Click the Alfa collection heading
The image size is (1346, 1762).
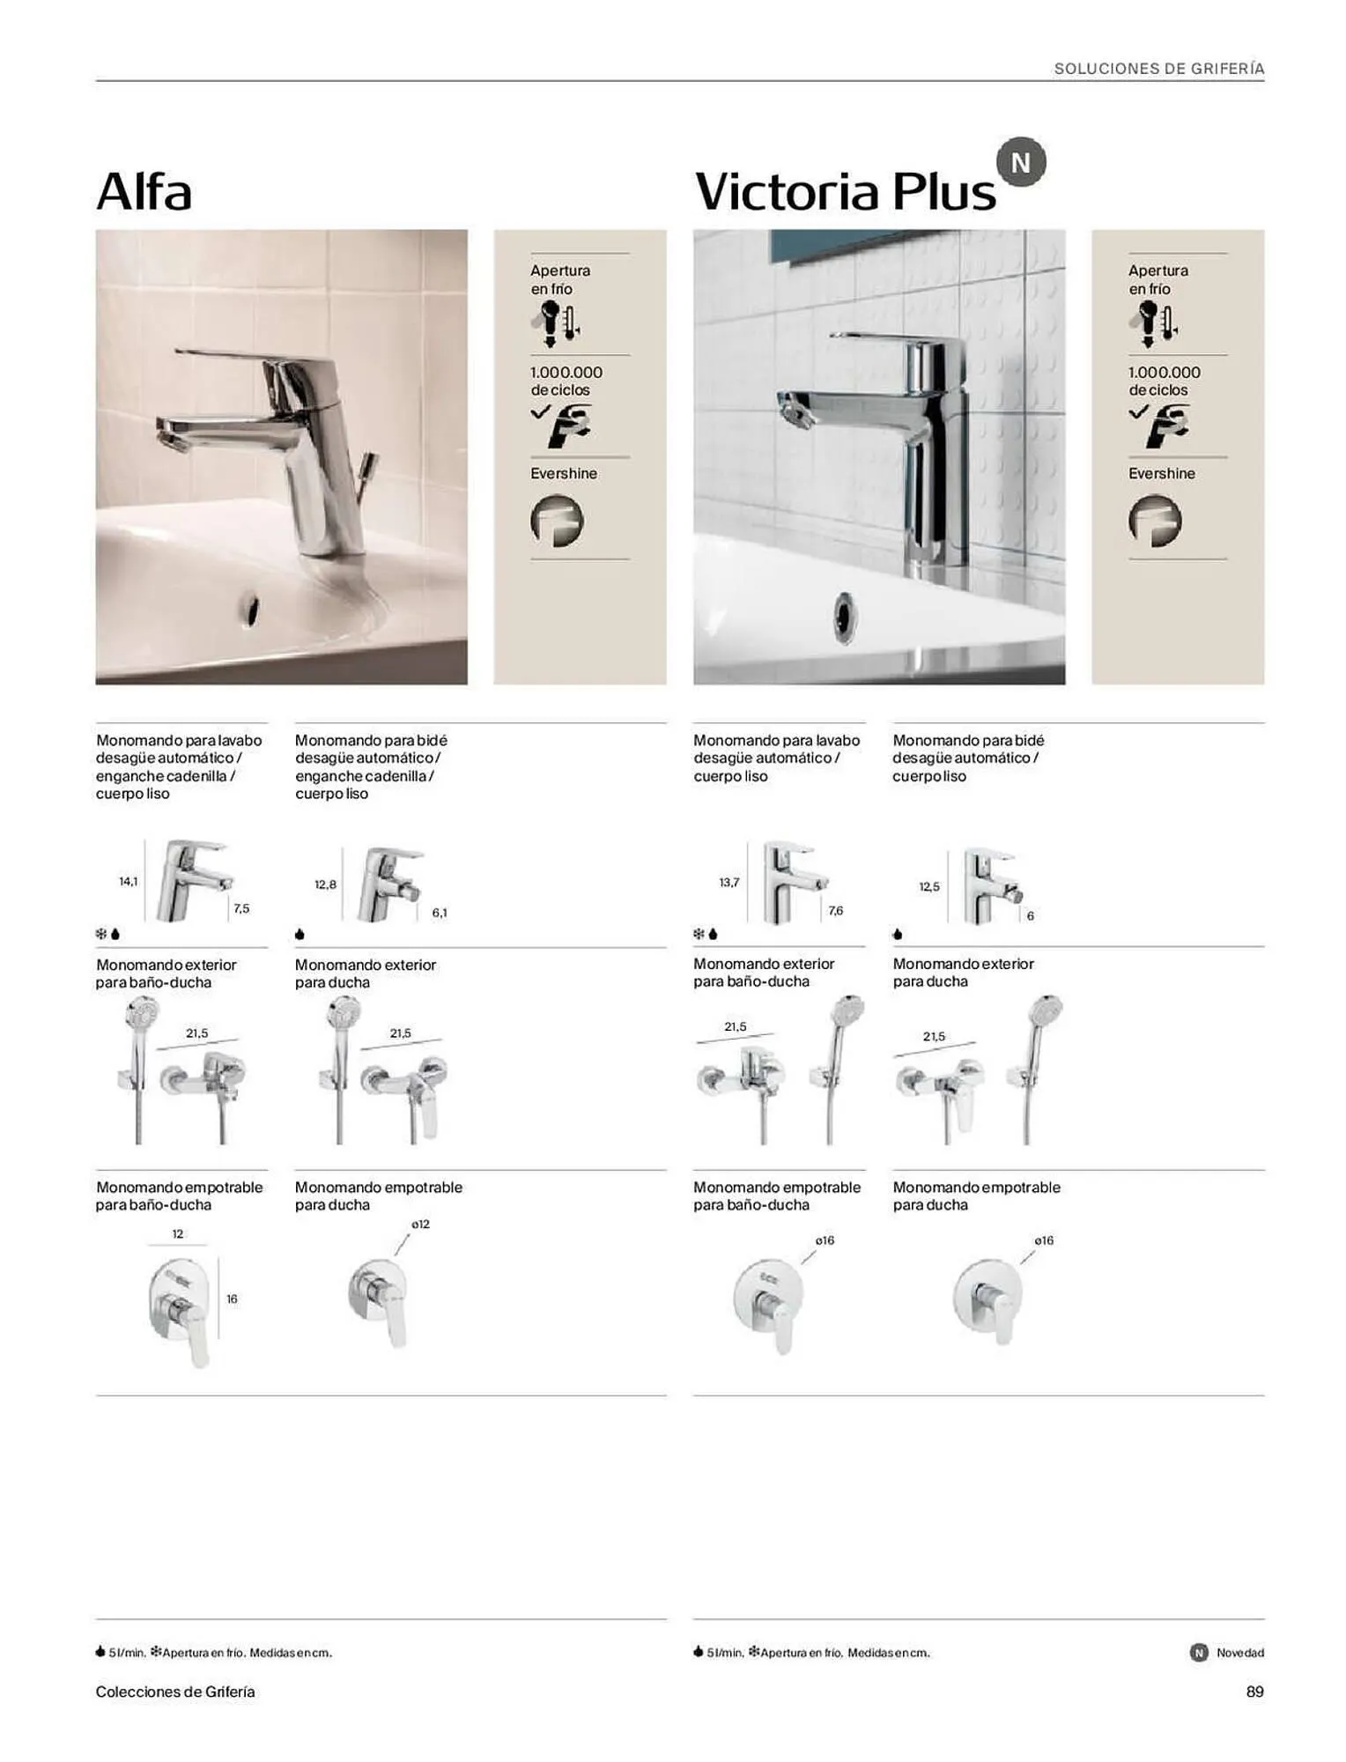click(x=144, y=191)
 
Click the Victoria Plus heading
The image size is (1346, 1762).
click(x=845, y=191)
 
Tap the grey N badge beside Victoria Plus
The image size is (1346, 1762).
click(x=1020, y=163)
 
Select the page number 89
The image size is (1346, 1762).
click(x=1254, y=1692)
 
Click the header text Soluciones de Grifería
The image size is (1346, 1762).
click(x=1158, y=69)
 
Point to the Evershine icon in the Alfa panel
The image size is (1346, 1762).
click(x=557, y=521)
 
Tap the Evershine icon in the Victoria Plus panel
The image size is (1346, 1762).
click(x=1155, y=521)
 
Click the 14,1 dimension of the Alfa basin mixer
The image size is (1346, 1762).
click(x=129, y=881)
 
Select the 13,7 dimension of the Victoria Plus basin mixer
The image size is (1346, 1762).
click(x=729, y=882)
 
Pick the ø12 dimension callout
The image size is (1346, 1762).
click(x=420, y=1224)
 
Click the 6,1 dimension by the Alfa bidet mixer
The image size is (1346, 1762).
click(x=440, y=913)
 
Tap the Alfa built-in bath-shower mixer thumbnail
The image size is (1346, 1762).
click(x=181, y=1311)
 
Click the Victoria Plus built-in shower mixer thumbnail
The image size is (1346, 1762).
click(x=988, y=1301)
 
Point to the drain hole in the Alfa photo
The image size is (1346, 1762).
click(x=252, y=609)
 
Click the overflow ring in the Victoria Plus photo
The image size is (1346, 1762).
click(x=844, y=617)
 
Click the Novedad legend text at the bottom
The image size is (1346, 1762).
click(x=1239, y=1653)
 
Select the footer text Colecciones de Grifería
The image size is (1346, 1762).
click(x=175, y=1692)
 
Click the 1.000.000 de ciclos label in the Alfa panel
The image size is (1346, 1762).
click(x=566, y=381)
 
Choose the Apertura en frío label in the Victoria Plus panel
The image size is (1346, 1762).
click(x=1158, y=279)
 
